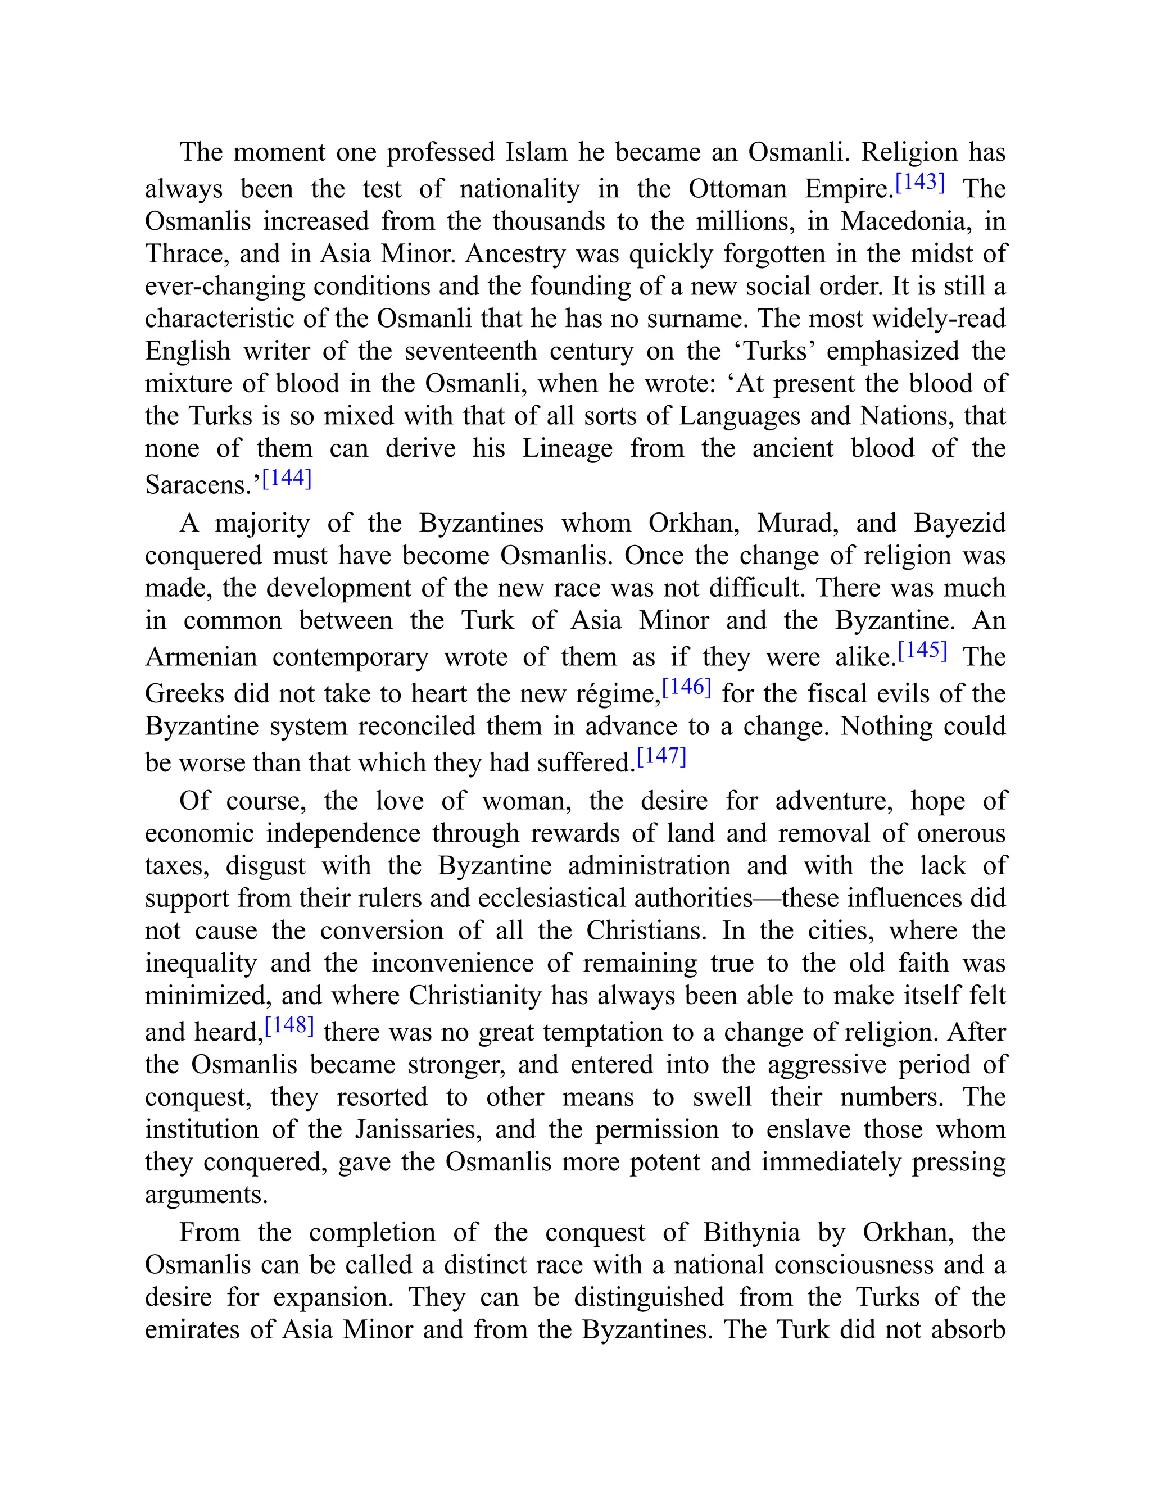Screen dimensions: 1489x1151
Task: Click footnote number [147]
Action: click(661, 756)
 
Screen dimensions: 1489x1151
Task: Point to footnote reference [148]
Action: click(289, 1025)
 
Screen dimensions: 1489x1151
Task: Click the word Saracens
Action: click(198, 485)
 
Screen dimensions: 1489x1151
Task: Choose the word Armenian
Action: click(201, 657)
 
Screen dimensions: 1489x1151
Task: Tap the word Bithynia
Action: click(751, 1233)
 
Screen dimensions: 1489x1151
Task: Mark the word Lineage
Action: click(567, 448)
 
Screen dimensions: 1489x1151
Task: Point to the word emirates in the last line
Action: click(192, 1329)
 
